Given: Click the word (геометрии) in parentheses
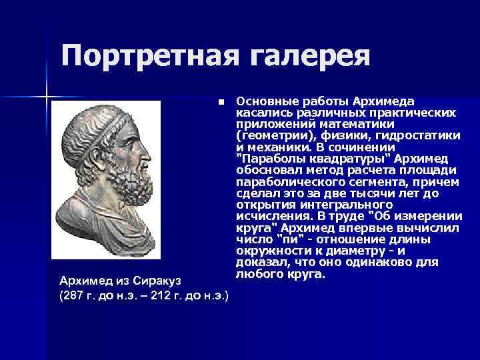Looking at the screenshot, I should click(268, 135).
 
